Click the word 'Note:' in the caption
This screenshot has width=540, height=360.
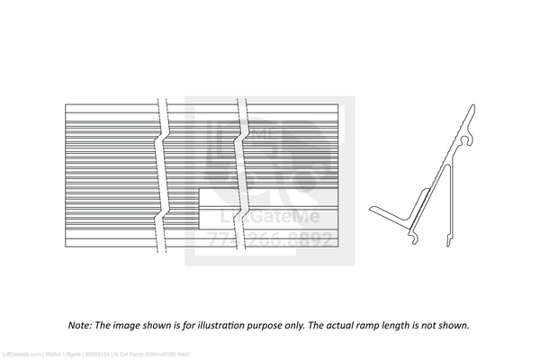click(80, 325)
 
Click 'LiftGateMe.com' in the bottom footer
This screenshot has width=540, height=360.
click(22, 355)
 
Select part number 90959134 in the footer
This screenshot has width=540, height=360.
click(97, 355)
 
